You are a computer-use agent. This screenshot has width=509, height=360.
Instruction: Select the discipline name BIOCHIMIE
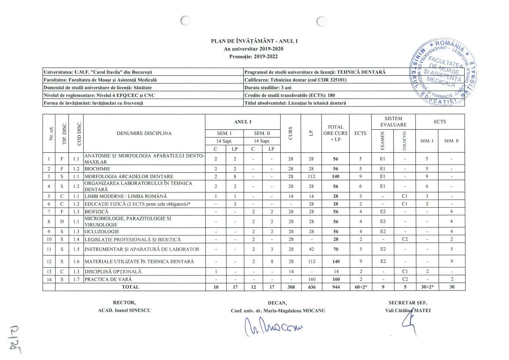click(x=97, y=168)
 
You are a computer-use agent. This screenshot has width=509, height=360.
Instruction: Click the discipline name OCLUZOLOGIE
click(x=102, y=232)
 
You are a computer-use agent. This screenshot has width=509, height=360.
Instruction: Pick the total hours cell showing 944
click(x=335, y=287)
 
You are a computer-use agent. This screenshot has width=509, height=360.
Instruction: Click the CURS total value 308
click(x=291, y=287)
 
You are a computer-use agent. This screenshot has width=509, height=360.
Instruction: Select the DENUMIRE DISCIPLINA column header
click(x=144, y=133)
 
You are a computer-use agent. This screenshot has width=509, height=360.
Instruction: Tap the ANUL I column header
click(x=243, y=121)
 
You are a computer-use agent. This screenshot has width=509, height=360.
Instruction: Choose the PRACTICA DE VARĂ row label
click(x=107, y=279)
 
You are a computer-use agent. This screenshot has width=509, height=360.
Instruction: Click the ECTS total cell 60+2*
click(x=360, y=287)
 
